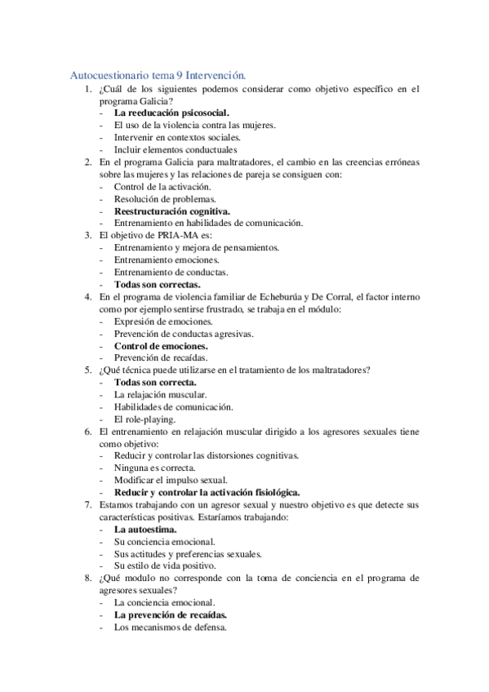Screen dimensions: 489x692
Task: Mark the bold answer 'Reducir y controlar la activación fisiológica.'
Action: tap(207, 492)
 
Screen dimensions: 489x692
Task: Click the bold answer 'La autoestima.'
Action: tap(145, 529)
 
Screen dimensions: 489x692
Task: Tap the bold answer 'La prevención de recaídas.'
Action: tap(171, 614)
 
